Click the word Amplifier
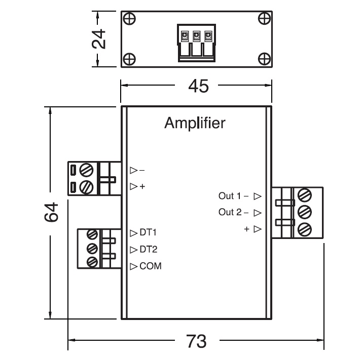(194, 123)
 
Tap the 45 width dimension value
(198, 87)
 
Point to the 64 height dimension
(52, 212)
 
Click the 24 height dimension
(101, 39)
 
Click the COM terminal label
(151, 266)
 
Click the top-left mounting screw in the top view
(130, 19)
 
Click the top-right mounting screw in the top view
(264, 19)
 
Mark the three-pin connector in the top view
(195, 43)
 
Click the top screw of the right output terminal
(305, 194)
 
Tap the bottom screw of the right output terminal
(305, 228)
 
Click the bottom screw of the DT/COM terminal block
(92, 262)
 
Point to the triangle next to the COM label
(134, 266)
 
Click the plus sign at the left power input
(142, 186)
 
